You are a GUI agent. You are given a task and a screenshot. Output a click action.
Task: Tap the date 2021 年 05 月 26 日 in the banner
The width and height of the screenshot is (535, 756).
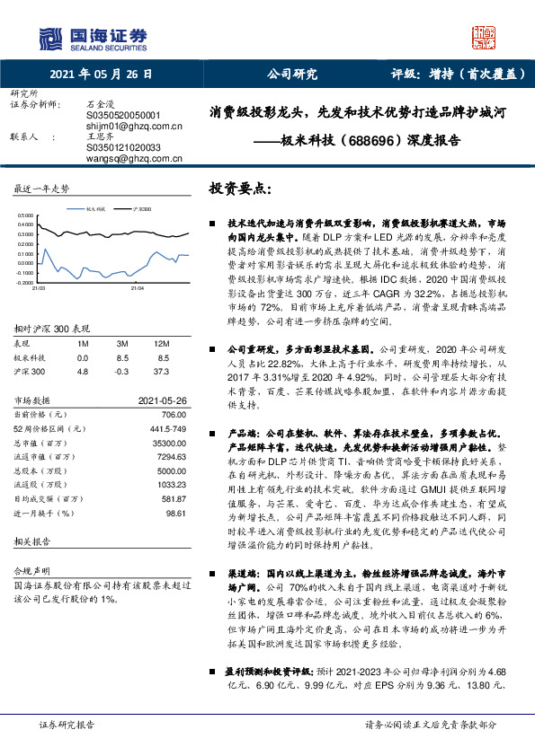point(102,75)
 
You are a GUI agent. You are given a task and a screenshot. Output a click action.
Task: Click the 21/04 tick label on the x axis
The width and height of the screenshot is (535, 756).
point(136,288)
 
